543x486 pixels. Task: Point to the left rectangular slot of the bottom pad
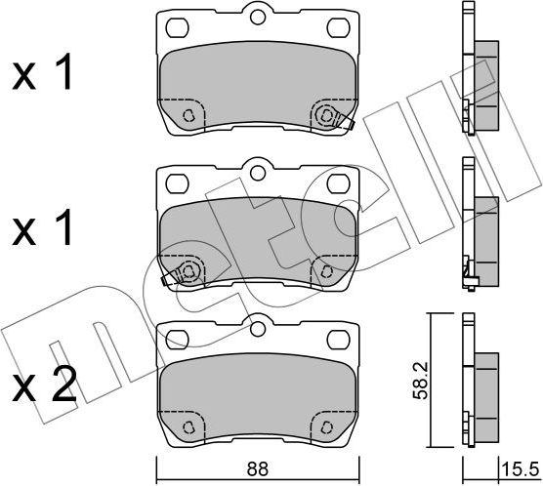click(177, 340)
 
